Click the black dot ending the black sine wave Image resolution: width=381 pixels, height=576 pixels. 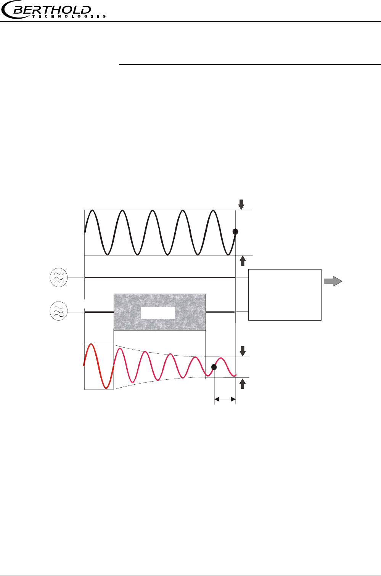pos(235,231)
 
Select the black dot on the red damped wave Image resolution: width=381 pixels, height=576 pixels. pos(214,367)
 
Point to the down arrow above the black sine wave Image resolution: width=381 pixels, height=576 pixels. pos(241,204)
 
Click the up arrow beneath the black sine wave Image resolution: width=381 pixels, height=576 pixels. pos(242,261)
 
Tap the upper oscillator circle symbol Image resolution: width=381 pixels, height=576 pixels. pos(59,278)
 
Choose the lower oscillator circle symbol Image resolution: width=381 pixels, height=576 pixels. pos(59,311)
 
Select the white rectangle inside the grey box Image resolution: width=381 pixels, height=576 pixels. pos(158,313)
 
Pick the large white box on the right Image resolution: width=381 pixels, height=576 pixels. pos(285,295)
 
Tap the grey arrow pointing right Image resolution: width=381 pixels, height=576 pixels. pos(333,281)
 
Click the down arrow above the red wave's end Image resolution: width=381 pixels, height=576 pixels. pos(242,351)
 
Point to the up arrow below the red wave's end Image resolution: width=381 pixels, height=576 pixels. pos(242,383)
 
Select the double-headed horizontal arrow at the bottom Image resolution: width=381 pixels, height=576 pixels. pos(225,400)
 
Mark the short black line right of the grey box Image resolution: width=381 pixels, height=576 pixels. pos(220,312)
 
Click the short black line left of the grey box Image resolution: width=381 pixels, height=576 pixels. pos(99,312)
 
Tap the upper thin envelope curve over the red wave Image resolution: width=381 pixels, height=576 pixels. pos(160,351)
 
